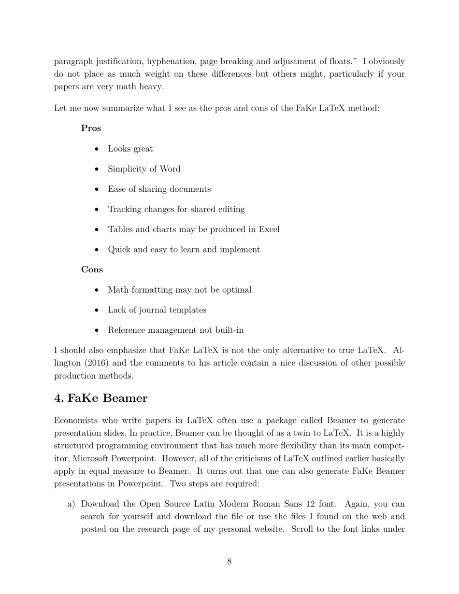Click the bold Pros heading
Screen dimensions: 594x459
coord(91,128)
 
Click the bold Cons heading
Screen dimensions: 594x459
coord(92,269)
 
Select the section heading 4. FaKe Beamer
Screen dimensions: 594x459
coord(100,398)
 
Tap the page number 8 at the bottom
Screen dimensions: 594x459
coord(229,561)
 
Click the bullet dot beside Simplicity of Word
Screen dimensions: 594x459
coord(97,169)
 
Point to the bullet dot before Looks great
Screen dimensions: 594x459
coord(97,149)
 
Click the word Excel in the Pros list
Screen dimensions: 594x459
coord(269,229)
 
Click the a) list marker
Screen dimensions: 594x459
coord(71,504)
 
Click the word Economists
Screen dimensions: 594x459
coord(75,421)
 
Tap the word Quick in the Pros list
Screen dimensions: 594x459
coord(119,250)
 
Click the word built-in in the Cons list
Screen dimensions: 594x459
coord(229,330)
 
